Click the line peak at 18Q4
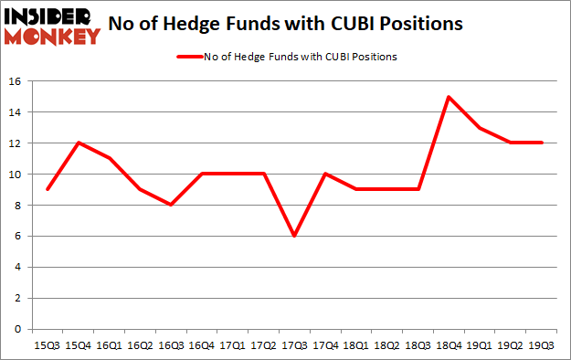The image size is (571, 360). pyautogui.click(x=447, y=97)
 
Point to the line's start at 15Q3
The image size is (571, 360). pyautogui.click(x=47, y=189)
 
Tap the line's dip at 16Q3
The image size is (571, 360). pyautogui.click(x=171, y=205)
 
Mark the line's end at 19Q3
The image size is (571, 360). pyautogui.click(x=544, y=143)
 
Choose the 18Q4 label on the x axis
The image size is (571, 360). pyautogui.click(x=447, y=346)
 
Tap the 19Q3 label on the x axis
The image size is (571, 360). pyautogui.click(x=544, y=346)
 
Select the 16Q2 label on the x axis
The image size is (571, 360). pyautogui.click(x=140, y=346)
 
